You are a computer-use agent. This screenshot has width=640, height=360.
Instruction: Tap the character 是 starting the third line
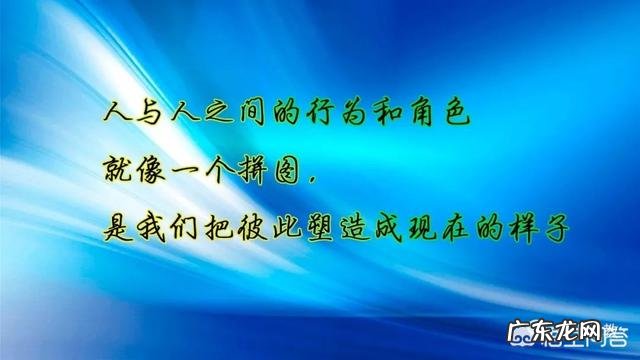(120, 229)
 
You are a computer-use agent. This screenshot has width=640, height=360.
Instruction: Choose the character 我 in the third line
(157, 229)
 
